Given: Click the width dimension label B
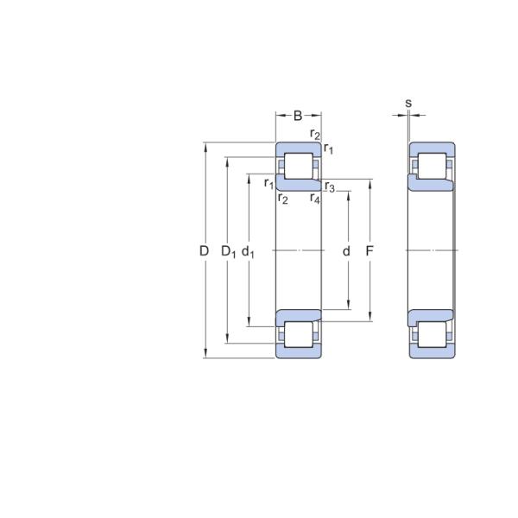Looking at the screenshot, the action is coord(298,116).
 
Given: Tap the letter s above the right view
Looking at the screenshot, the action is coord(408,103).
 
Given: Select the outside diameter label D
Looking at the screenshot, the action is coord(204,251).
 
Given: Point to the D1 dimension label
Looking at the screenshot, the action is coord(228,252).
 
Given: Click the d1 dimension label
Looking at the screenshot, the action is coord(248,252).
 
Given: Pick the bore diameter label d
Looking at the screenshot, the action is coord(346,251).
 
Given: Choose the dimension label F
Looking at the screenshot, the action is coord(370,251).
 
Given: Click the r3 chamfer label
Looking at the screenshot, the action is coord(330,186).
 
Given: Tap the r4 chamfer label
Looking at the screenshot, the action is coord(315,199).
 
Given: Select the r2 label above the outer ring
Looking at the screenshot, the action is coord(315,134).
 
